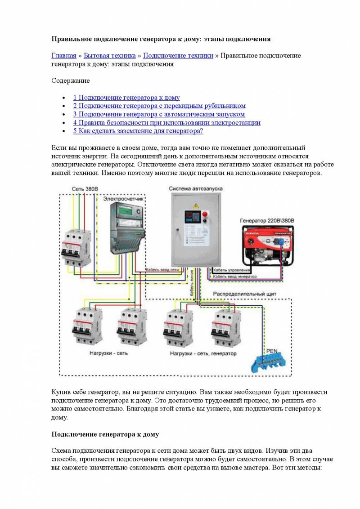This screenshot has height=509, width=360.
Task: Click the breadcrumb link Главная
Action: point(64,56)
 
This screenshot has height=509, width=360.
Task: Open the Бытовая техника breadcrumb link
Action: point(109,56)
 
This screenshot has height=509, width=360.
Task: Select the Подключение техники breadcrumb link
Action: point(178,56)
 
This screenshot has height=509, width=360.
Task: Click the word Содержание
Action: point(71,81)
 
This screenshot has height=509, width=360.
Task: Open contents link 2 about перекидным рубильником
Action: point(159,106)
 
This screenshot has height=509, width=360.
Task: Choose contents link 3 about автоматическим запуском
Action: point(159,114)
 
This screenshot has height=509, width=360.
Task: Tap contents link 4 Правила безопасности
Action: point(166,122)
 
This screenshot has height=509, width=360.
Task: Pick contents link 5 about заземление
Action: point(138,131)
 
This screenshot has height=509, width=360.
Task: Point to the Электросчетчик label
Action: point(123,198)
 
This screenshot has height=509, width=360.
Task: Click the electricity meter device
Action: point(128,227)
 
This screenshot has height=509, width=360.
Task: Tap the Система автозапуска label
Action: point(196,189)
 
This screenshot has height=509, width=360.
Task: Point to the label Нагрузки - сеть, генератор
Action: point(203,353)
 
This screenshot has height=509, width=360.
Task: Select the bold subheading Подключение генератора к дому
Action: point(105,434)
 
